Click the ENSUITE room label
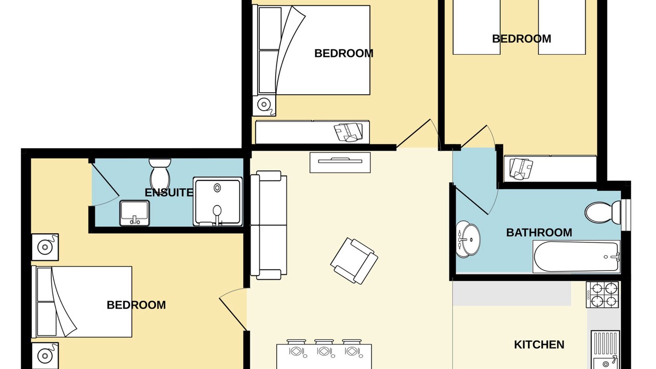169,192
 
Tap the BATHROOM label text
539,233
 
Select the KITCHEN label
539,345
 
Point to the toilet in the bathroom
603,212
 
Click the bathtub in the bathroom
577,257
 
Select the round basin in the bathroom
468,239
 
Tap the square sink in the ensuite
134,213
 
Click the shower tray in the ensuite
218,201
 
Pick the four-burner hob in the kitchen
602,295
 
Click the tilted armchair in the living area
354,261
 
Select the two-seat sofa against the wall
269,225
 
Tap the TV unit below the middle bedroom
340,162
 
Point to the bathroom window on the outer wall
625,215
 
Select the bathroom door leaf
471,200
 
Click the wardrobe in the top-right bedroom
550,169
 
